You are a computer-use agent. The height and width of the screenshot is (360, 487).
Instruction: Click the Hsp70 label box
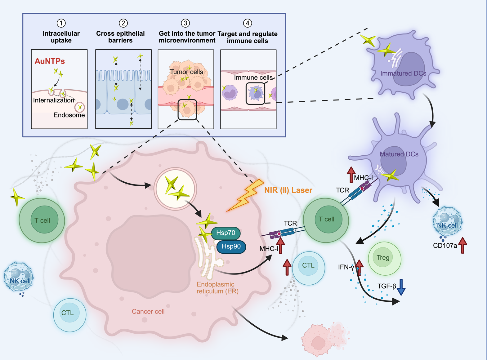pyautogui.click(x=226, y=233)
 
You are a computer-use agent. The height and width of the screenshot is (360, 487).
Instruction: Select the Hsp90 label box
pyautogui.click(x=231, y=247)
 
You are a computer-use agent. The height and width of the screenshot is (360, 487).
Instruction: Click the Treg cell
pyautogui.click(x=384, y=258)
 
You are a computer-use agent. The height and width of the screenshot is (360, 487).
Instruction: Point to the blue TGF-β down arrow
pyautogui.click(x=401, y=287)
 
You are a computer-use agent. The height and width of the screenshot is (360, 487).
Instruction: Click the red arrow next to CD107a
pyautogui.click(x=462, y=245)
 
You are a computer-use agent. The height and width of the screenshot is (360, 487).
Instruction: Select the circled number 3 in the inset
pyautogui.click(x=185, y=23)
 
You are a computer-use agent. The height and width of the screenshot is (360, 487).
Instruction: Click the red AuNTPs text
pyautogui.click(x=50, y=61)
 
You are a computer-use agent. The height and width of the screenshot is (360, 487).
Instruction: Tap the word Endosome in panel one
pyautogui.click(x=69, y=115)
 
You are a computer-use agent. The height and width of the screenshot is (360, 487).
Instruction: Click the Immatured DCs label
pyautogui.click(x=403, y=73)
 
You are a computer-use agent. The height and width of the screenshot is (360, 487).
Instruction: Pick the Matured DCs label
pyautogui.click(x=399, y=154)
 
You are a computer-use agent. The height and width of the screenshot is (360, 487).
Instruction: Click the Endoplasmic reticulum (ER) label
pyautogui.click(x=217, y=288)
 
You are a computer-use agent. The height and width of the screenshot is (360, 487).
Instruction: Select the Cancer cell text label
pyautogui.click(x=148, y=312)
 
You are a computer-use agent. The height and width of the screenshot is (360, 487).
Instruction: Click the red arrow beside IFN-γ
pyautogui.click(x=359, y=267)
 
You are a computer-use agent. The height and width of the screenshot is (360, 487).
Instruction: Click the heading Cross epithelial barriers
pyautogui.click(x=120, y=37)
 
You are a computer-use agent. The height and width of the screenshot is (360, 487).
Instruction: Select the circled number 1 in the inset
pyautogui.click(x=61, y=23)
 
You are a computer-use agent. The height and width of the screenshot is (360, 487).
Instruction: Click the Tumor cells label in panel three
pyautogui.click(x=186, y=72)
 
